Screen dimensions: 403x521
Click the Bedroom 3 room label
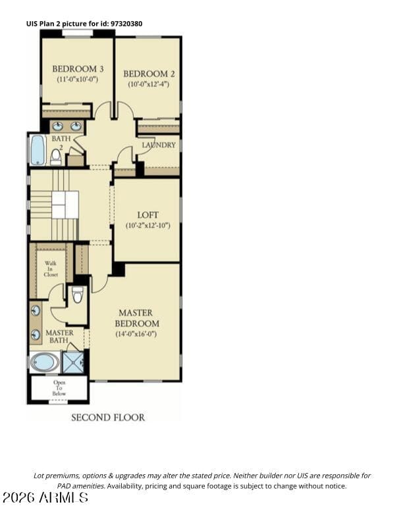[x=78, y=69]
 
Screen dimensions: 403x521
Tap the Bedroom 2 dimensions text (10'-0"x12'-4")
[x=149, y=84]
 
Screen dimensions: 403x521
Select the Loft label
[x=148, y=214]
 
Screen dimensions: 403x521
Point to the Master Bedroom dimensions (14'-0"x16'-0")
[x=136, y=334]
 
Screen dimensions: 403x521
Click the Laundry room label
[x=159, y=145]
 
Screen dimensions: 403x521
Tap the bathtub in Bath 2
[x=38, y=149]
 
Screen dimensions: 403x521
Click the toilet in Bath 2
[x=56, y=157]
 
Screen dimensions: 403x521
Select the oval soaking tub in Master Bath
[x=45, y=362]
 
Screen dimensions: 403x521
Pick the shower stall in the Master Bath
[x=73, y=362]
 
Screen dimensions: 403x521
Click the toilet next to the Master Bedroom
[x=78, y=295]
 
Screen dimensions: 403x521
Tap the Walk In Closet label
[x=51, y=269]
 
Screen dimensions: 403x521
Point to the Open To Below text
[x=59, y=387]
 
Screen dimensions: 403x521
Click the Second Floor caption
[x=108, y=417]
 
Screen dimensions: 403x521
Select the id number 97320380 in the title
[x=126, y=24]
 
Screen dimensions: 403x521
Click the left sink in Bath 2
[x=58, y=126]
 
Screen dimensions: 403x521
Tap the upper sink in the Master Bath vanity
[x=36, y=310]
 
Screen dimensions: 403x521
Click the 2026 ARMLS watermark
[x=45, y=497]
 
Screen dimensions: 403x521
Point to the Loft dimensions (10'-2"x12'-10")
[x=148, y=226]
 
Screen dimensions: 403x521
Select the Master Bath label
[x=59, y=336]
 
